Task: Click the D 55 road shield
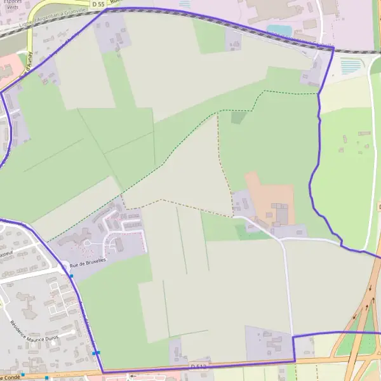[x=97, y=4]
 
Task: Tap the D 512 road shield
[x=197, y=366]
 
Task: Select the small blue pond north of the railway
[x=279, y=30]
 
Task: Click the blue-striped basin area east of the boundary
[x=351, y=66]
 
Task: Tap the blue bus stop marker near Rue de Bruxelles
[x=72, y=276]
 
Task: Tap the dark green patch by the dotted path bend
[x=237, y=117]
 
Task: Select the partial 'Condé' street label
[x=10, y=377]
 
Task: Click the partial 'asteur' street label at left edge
[x=6, y=254]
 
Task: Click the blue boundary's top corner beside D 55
[x=105, y=10]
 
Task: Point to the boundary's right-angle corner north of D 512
[x=293, y=335]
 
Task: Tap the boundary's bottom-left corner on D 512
[x=102, y=372]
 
